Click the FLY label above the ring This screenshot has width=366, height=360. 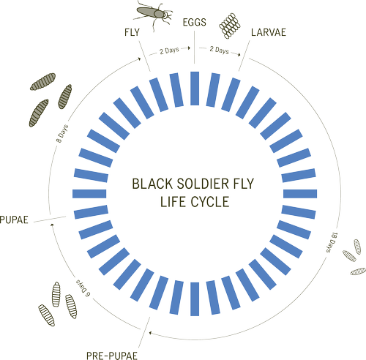click(132, 33)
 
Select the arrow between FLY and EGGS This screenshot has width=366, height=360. click(170, 52)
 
